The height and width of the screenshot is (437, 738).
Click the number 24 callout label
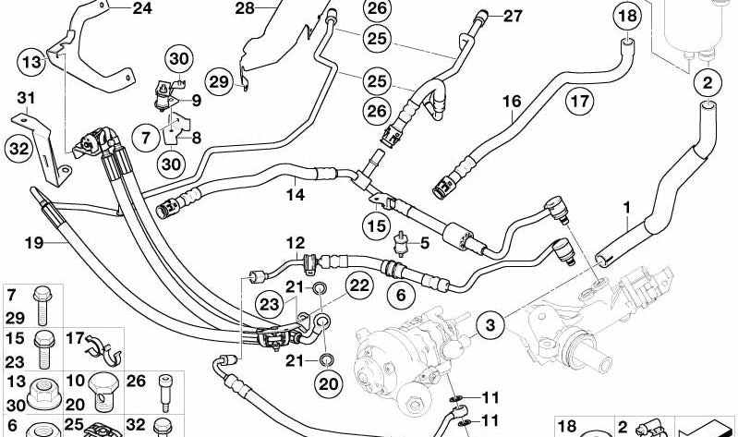[142, 8]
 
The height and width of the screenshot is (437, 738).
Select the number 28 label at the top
[245, 8]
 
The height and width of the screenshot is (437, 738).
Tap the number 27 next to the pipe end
[513, 17]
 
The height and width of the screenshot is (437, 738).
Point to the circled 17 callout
[579, 102]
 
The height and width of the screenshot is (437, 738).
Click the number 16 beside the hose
[512, 102]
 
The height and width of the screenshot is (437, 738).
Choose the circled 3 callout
[490, 325]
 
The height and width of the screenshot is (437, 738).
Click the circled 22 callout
[359, 285]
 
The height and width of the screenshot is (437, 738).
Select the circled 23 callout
[270, 305]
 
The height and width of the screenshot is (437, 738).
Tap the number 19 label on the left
[34, 243]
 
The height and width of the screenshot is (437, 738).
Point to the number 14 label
[296, 195]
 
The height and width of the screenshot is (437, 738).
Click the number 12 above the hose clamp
[296, 243]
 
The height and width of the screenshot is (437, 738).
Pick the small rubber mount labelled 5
[402, 243]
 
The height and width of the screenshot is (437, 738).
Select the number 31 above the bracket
[26, 99]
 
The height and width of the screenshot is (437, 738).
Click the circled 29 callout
[219, 82]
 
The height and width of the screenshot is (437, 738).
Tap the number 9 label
[196, 101]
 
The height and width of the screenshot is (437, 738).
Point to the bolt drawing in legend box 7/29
[42, 306]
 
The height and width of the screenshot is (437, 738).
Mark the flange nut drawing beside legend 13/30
[44, 395]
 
